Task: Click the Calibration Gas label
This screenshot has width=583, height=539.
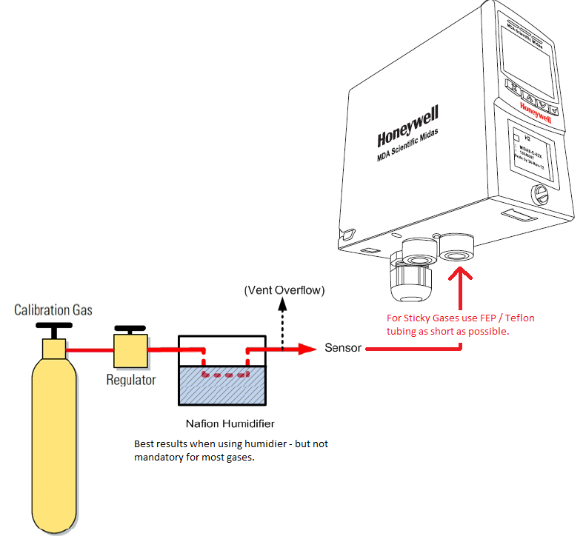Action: tap(53, 309)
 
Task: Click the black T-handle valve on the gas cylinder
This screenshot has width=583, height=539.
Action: tap(54, 328)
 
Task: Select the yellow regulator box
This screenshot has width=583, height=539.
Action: tap(130, 349)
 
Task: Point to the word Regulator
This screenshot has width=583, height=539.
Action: tap(131, 380)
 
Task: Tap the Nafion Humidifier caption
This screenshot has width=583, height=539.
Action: tap(230, 423)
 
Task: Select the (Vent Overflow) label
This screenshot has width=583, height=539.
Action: tap(284, 289)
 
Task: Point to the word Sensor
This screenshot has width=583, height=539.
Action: tap(344, 347)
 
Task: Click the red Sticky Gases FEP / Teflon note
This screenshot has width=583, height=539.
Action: tap(460, 324)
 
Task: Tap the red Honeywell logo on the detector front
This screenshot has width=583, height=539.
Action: tap(535, 113)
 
